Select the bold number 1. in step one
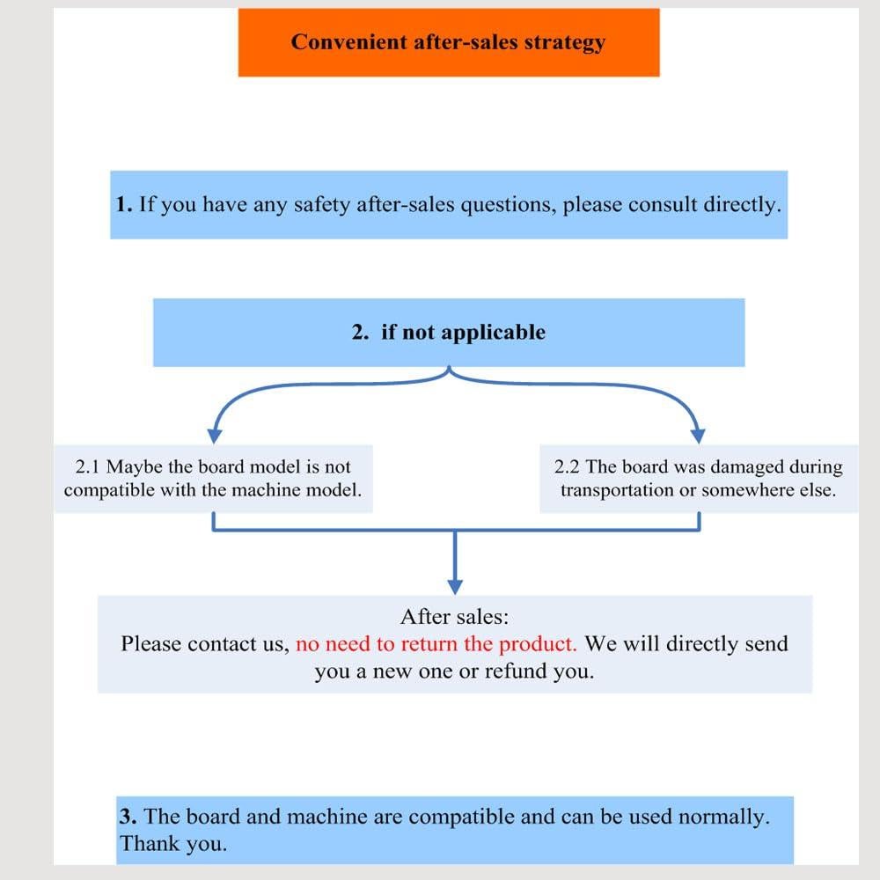(x=124, y=205)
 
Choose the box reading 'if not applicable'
(x=449, y=333)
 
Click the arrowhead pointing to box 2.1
(x=213, y=434)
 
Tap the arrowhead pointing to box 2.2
(x=698, y=434)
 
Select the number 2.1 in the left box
(x=89, y=467)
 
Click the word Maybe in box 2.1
(x=134, y=467)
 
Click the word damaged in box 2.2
(x=747, y=467)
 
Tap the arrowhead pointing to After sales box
(x=455, y=585)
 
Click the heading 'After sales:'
(x=455, y=616)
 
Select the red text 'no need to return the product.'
(x=436, y=644)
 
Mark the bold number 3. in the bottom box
(x=128, y=817)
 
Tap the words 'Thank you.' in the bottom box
(x=173, y=843)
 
